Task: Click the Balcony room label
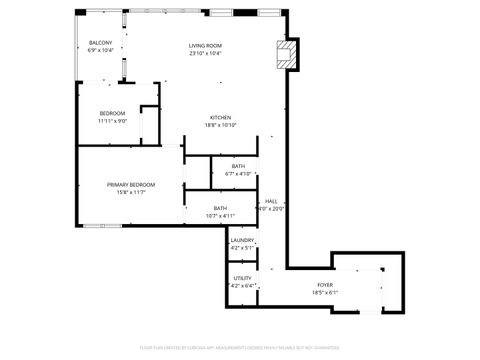pyautogui.click(x=100, y=42)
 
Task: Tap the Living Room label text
pyautogui.click(x=205, y=46)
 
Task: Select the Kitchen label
pyautogui.click(x=221, y=116)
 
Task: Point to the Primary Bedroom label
pyautogui.click(x=131, y=185)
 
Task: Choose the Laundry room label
pyautogui.click(x=242, y=240)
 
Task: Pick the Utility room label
pyautogui.click(x=242, y=278)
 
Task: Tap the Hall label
pyautogui.click(x=271, y=201)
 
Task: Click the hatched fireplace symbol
pyautogui.click(x=287, y=54)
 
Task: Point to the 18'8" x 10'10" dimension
pyautogui.click(x=221, y=124)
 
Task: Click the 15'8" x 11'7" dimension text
pyautogui.click(x=131, y=193)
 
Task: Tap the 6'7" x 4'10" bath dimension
pyautogui.click(x=238, y=173)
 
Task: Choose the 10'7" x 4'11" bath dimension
pyautogui.click(x=219, y=215)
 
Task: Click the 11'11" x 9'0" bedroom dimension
pyautogui.click(x=112, y=122)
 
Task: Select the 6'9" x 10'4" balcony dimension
pyautogui.click(x=100, y=50)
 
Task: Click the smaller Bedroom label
pyautogui.click(x=112, y=114)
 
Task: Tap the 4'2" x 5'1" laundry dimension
pyautogui.click(x=242, y=248)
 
